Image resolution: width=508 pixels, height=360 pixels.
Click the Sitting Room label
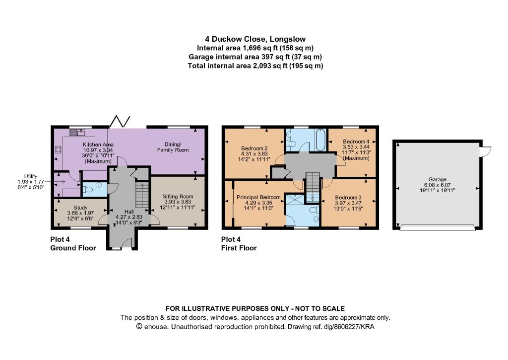[178, 196]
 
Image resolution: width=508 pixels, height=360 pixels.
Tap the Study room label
[80, 208]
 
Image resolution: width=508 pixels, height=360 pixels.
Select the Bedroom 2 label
[254, 148]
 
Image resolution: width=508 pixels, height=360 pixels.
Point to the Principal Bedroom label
[258, 197]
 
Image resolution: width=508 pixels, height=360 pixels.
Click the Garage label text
[438, 179]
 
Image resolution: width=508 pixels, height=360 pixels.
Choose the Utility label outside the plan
[31, 176]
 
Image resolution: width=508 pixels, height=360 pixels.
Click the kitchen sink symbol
[77, 132]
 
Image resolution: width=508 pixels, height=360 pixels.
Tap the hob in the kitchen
[59, 149]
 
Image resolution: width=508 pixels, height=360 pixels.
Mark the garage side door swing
[486, 151]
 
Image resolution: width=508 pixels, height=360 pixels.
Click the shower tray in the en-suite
[296, 199]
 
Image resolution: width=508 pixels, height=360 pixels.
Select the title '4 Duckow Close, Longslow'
[255, 39]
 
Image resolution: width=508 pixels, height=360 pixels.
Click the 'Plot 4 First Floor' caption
[239, 244]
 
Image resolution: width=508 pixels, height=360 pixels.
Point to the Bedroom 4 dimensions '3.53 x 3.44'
[356, 146]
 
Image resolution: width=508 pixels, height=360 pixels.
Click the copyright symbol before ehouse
[139, 327]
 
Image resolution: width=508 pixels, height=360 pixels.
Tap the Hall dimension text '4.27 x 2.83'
[129, 217]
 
